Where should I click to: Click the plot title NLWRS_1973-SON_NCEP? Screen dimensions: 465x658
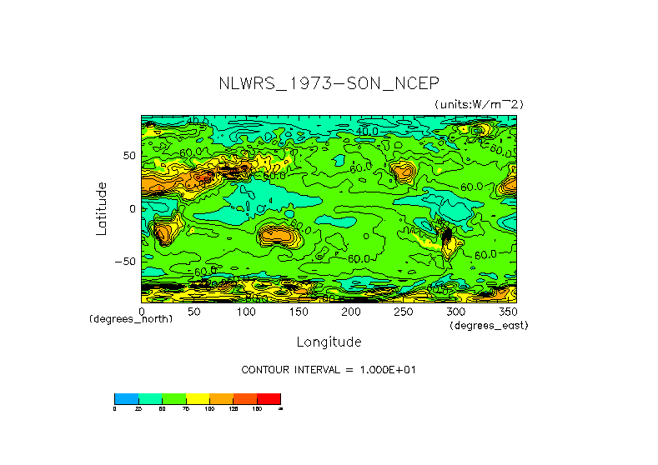coord(328,84)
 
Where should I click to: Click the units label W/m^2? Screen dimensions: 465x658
coord(479,104)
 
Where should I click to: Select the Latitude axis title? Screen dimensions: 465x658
coord(101,208)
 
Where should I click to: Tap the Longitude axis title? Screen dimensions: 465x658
coord(329,342)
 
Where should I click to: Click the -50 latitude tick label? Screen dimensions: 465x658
coord(125,261)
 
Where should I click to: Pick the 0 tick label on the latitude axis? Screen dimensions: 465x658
coord(132,208)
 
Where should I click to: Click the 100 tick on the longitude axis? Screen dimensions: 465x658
coord(246,312)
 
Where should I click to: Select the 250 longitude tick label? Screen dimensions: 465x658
coord(403,312)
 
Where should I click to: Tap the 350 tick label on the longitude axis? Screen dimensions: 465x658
coord(507,312)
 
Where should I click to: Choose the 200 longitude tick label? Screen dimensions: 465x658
coord(350,312)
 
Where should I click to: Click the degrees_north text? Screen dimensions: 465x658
coord(131,319)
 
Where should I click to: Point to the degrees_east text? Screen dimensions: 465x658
coord(489,326)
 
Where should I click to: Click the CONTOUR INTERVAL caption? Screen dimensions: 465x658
coord(328,369)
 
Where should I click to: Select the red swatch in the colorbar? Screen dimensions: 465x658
coord(269,398)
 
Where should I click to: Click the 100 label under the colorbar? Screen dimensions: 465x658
coord(209,409)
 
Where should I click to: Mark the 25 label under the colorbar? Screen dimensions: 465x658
coord(138,409)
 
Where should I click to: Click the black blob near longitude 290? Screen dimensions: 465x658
coord(446,237)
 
